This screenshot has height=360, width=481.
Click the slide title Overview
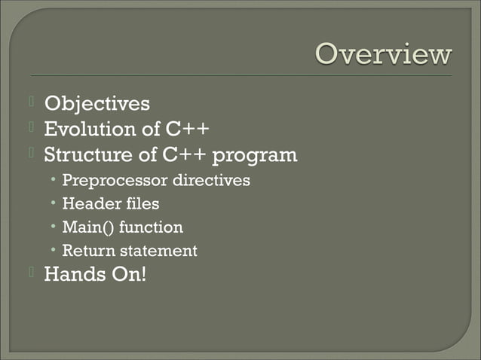click(383, 55)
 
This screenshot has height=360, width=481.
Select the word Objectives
click(97, 102)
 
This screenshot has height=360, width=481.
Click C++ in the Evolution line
click(186, 130)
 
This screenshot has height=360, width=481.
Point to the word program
click(255, 157)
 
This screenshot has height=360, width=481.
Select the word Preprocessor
click(115, 181)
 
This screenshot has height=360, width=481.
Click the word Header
click(86, 204)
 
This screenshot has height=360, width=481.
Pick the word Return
click(84, 251)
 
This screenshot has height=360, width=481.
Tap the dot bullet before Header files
click(54, 204)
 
